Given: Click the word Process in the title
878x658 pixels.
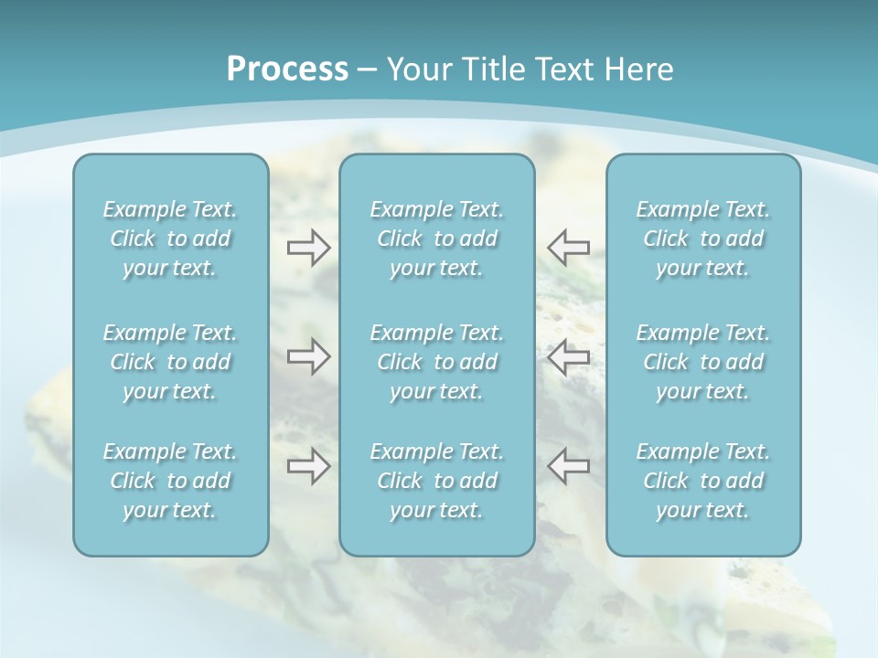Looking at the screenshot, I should (x=287, y=69).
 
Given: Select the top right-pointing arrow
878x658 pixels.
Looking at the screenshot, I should (x=308, y=247).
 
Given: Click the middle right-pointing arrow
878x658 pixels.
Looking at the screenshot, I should (x=308, y=356).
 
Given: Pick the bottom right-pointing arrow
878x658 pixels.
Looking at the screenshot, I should (x=308, y=466).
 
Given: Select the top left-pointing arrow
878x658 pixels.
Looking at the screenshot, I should (x=569, y=247).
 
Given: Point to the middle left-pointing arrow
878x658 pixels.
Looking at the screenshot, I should (x=569, y=356).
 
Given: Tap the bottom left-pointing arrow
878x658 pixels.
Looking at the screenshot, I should (x=569, y=466).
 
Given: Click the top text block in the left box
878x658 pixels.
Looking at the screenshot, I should (x=170, y=239).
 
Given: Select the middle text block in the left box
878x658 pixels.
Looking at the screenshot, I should (x=170, y=362).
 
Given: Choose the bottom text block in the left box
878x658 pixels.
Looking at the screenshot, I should (x=170, y=481).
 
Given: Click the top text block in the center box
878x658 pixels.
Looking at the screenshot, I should (x=436, y=239).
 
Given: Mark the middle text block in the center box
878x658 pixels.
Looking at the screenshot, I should (x=436, y=362).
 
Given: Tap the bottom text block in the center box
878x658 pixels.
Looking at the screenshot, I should (x=436, y=481).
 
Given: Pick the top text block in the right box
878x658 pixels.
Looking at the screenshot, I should (x=702, y=239).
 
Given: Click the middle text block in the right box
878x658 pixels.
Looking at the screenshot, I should (x=702, y=362).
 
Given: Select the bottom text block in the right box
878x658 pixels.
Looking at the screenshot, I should (x=702, y=481).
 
